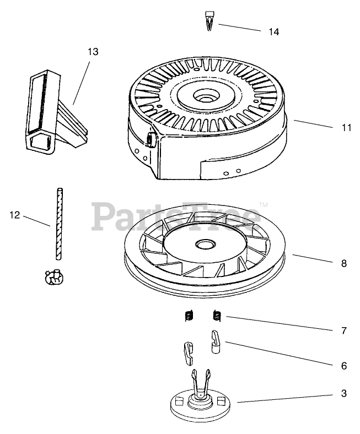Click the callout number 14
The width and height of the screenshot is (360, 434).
(273, 32)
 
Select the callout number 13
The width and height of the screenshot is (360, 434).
(93, 51)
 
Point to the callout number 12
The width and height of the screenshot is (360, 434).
(14, 215)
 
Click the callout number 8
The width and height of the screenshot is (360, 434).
(343, 263)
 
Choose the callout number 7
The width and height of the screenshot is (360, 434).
(343, 331)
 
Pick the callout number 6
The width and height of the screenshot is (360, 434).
(343, 365)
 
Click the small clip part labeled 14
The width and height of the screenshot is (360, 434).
(210, 22)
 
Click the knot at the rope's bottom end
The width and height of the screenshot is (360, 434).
(53, 277)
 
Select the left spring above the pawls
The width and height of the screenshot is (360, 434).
(189, 316)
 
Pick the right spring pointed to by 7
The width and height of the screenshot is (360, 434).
(217, 316)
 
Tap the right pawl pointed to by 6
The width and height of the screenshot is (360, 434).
(216, 341)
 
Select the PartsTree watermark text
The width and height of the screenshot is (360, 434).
(176, 216)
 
